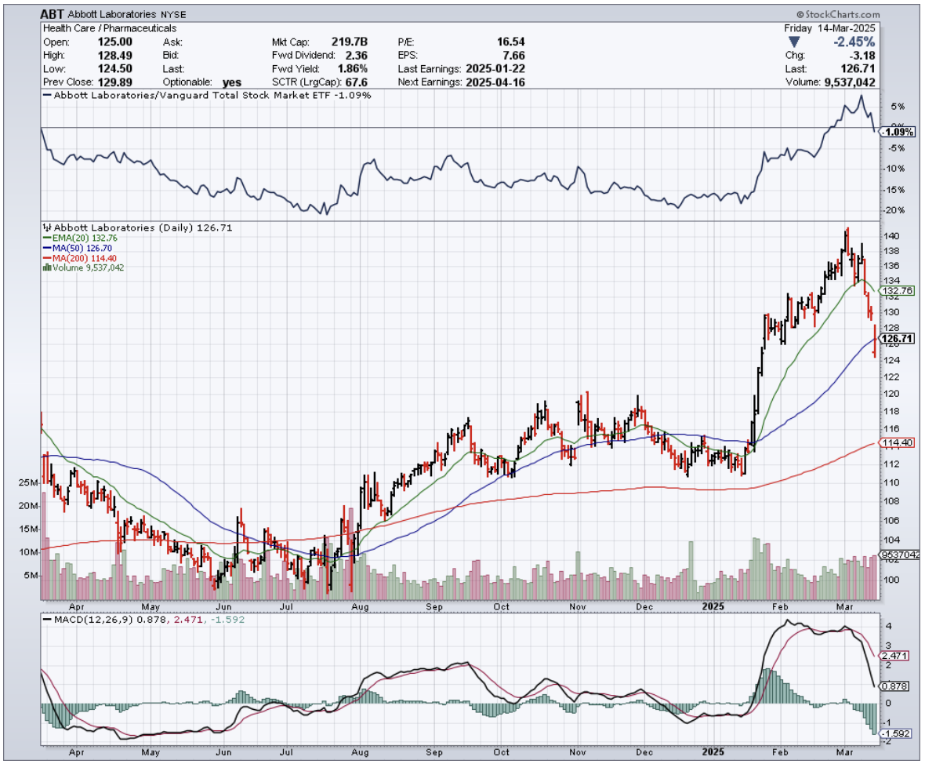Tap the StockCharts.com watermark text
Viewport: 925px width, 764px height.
pos(839,14)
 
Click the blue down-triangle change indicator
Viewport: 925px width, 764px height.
pos(795,42)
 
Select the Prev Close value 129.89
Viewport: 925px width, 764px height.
pos(117,82)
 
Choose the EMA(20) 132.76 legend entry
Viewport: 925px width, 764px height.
pos(80,238)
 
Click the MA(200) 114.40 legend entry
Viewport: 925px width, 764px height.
pos(82,257)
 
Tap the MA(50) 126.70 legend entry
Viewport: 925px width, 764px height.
pos(78,248)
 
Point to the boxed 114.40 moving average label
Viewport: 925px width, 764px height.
pos(897,443)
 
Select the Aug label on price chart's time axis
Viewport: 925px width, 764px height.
pos(361,606)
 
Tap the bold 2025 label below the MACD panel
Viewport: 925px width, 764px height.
pos(713,750)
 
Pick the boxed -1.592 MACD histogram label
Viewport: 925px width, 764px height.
pos(897,733)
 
